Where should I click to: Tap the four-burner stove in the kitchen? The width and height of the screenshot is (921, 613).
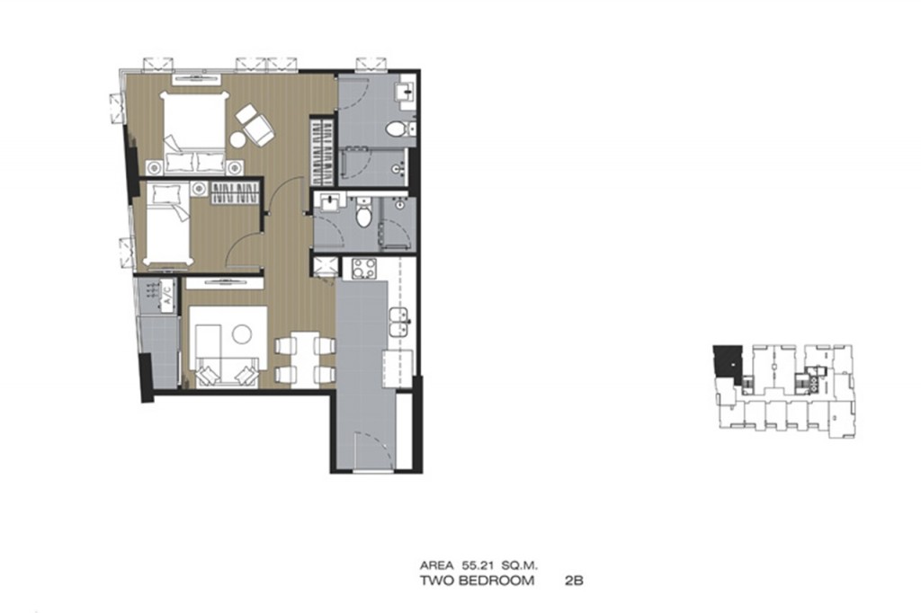[x=364, y=269]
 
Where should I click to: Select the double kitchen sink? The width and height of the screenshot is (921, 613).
[x=398, y=322]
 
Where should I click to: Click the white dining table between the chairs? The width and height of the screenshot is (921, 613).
[x=305, y=358]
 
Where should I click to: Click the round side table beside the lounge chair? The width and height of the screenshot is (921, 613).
[x=237, y=139]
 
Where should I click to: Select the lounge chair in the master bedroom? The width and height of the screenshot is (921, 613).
[x=255, y=124]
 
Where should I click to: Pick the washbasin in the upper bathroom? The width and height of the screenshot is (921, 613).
[x=406, y=93]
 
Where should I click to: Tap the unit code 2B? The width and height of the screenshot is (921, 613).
[x=573, y=581]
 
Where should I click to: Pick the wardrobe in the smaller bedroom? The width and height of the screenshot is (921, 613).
[x=235, y=194]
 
